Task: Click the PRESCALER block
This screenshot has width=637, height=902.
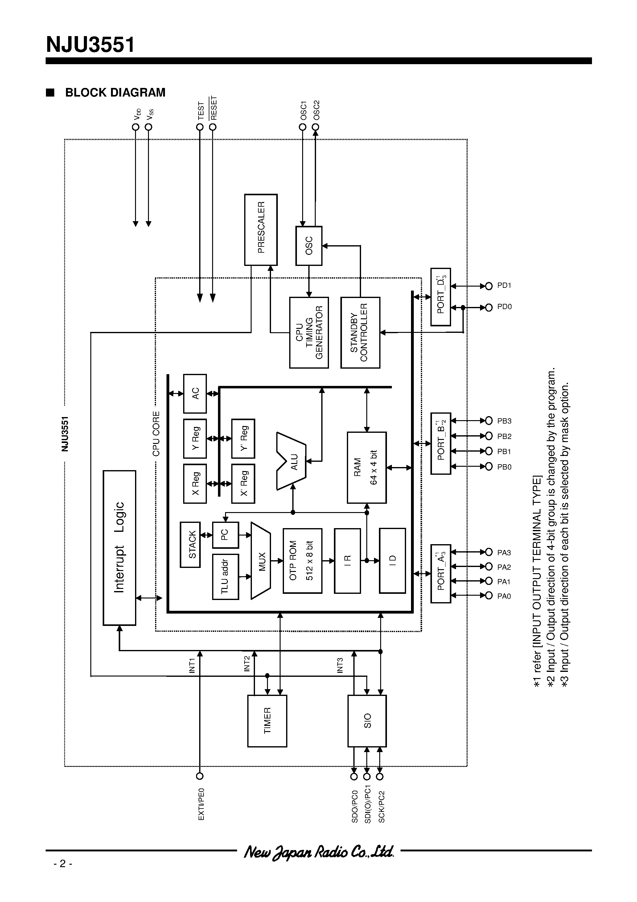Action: tap(261, 230)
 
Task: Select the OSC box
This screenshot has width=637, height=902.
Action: tap(309, 246)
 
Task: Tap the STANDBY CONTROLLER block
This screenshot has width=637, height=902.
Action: tap(360, 332)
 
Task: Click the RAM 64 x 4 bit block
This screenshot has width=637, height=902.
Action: tap(366, 467)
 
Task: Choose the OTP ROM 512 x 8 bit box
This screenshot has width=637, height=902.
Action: tap(302, 561)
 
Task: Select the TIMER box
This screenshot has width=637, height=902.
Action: tap(267, 721)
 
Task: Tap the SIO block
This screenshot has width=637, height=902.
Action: tap(367, 721)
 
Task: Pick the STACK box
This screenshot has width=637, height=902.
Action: tap(190, 544)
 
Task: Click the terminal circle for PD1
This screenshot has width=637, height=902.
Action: tap(489, 286)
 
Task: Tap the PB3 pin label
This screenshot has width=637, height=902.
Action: tap(504, 421)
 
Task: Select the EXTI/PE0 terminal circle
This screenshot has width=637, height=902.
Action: tap(200, 776)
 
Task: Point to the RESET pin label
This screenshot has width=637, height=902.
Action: tap(214, 108)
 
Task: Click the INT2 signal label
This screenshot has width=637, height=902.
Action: tap(247, 664)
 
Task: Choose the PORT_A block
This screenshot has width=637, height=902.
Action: tap(441, 573)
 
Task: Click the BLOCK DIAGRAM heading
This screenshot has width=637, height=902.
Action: tap(115, 93)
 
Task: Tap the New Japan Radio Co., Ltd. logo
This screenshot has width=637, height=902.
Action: tap(318, 852)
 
